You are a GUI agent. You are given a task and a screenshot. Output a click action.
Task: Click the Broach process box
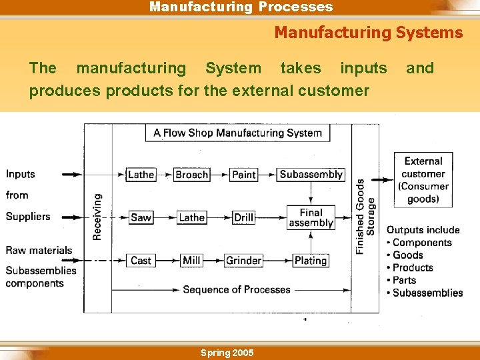click(x=191, y=175)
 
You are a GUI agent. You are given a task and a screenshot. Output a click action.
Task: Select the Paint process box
click(x=243, y=175)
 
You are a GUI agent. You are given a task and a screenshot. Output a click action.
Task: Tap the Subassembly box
click(x=311, y=175)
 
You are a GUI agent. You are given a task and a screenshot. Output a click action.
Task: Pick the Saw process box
click(x=141, y=217)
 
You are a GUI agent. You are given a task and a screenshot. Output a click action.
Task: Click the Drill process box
click(x=243, y=217)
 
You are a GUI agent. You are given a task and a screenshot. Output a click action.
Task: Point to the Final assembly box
click(x=311, y=217)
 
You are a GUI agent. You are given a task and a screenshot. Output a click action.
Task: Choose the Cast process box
click(x=141, y=260)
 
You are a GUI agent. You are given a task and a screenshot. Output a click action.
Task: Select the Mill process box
click(x=191, y=260)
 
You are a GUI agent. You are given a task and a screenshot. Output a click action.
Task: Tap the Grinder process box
click(x=243, y=260)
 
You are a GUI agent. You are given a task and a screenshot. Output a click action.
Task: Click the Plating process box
click(x=310, y=260)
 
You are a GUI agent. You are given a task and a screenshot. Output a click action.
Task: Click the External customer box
click(x=423, y=180)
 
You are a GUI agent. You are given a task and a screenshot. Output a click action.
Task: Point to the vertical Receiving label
click(x=97, y=217)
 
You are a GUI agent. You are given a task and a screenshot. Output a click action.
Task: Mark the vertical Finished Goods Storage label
click(x=365, y=216)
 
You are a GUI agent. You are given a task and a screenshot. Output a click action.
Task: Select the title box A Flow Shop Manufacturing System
click(x=237, y=133)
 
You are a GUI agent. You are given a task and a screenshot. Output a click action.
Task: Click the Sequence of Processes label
click(x=237, y=289)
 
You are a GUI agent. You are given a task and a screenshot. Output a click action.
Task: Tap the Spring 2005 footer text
click(x=227, y=353)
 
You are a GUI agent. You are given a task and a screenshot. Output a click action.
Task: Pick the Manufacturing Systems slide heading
click(x=368, y=32)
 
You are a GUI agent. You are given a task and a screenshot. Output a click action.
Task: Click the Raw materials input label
click(x=39, y=251)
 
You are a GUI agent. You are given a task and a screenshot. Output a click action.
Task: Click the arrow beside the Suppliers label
click(x=70, y=217)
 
